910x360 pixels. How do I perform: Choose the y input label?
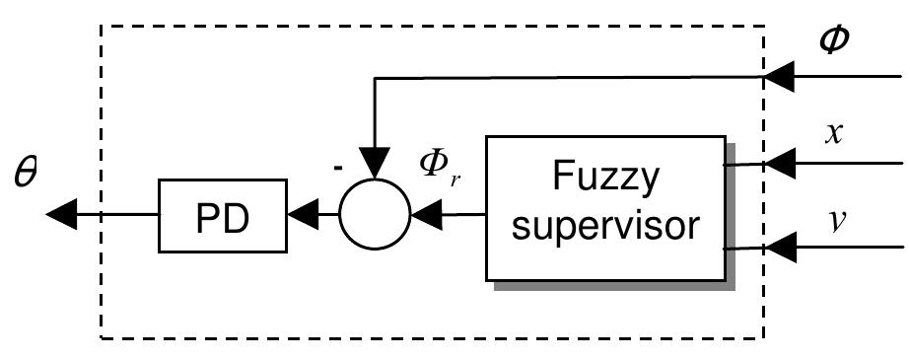tap(833, 216)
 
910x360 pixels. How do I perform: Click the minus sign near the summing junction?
tap(337, 168)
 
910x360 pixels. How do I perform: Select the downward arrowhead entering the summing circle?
tap(375, 164)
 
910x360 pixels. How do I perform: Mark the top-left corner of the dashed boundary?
tap(104, 26)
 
